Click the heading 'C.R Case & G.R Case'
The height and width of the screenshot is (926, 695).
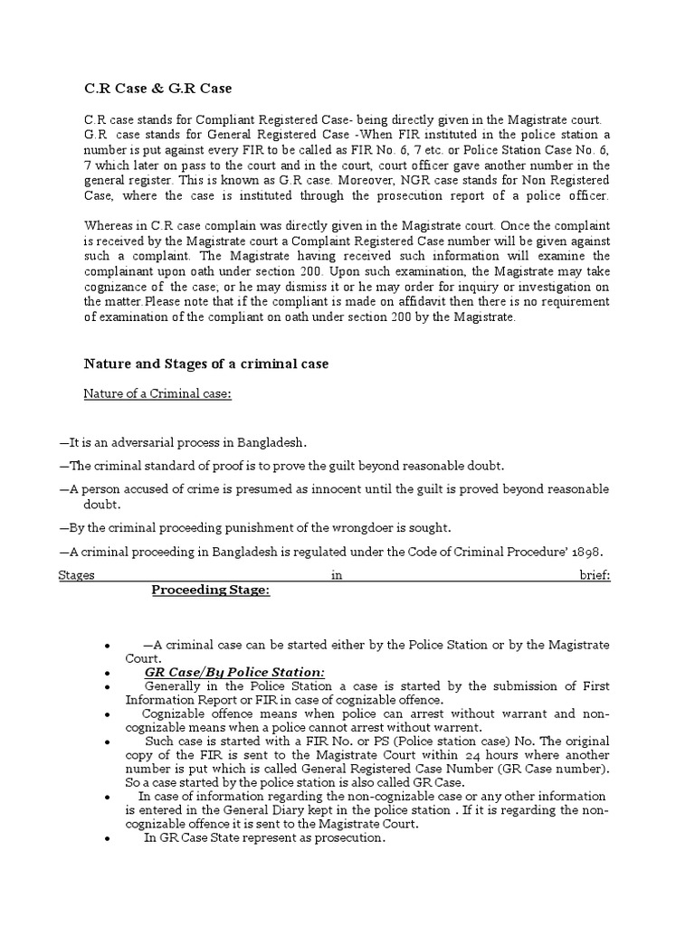point(157,89)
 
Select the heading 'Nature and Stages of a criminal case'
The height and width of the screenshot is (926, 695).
point(206,364)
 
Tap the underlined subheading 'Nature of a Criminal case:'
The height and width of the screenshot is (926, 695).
point(157,393)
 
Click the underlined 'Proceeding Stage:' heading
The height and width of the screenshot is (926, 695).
point(210,591)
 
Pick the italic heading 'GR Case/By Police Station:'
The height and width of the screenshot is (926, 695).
point(233,672)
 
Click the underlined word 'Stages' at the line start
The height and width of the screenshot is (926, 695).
point(76,576)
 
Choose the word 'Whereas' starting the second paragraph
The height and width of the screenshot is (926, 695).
point(109,225)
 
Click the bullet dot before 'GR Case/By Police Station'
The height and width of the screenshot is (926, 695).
point(108,674)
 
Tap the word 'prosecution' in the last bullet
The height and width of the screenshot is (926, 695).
point(348,838)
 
